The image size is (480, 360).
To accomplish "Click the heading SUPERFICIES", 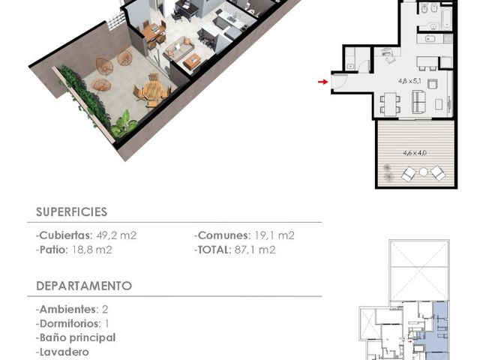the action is (72, 211).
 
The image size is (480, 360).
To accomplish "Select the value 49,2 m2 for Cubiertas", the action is (116, 235).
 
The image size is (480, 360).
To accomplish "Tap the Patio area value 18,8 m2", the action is (91, 250).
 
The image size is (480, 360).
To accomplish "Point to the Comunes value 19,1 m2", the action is (274, 235).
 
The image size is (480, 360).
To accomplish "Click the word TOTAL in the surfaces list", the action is (214, 250).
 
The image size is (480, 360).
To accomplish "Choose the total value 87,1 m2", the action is (255, 250).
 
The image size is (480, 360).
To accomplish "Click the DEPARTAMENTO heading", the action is (84, 286).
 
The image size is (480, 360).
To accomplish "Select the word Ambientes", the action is (67, 310).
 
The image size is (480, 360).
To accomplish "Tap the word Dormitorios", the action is (70, 323).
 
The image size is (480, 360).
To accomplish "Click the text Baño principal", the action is (78, 338).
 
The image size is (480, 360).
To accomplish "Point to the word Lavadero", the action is (64, 352).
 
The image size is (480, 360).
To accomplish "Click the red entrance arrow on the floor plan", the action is (323, 82).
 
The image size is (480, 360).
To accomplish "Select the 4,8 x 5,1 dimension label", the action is (409, 81).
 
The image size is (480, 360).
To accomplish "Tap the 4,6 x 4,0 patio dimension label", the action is (415, 153).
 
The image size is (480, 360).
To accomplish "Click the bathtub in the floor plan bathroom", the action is (446, 17).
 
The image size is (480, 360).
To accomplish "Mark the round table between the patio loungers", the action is (423, 172).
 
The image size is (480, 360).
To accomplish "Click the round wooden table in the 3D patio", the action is (152, 90).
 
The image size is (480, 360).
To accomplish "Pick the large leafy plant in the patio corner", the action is (124, 125).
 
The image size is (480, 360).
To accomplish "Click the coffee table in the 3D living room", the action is (192, 61).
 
